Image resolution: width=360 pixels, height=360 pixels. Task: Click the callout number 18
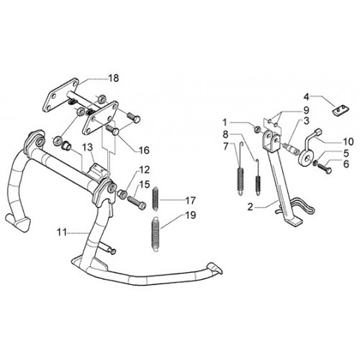114,78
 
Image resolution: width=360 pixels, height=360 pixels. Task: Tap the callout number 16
144,150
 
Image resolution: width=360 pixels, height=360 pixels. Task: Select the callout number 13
88,148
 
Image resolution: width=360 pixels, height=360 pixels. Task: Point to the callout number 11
62,233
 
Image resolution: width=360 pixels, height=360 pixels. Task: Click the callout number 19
191,215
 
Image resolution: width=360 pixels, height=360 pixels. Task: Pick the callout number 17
191,201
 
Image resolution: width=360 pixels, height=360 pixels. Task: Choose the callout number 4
306,97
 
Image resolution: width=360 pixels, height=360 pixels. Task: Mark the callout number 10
348,142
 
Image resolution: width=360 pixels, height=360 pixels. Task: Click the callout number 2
251,207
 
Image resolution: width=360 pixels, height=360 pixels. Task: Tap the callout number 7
225,146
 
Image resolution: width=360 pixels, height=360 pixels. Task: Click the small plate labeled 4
341,109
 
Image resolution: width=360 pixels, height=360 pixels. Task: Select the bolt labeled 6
325,168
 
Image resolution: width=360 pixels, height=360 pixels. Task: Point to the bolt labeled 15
136,202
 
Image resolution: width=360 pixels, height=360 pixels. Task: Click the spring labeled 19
156,235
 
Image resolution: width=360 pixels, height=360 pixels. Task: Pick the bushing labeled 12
122,193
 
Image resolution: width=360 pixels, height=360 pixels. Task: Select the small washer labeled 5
315,163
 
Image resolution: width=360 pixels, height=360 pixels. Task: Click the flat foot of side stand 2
294,221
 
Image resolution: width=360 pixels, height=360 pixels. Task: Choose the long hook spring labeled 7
240,172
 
